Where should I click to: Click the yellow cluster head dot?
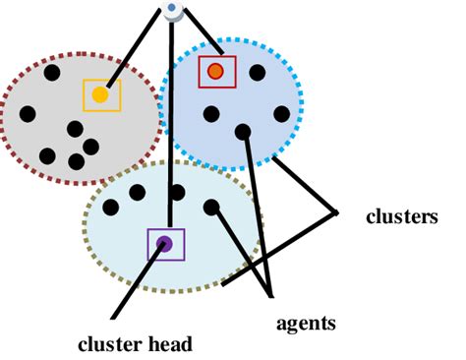pyautogui.click(x=100, y=95)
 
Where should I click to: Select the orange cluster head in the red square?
pyautogui.click(x=216, y=71)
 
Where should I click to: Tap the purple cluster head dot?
pyautogui.click(x=165, y=244)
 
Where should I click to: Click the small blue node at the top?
pyautogui.click(x=173, y=10)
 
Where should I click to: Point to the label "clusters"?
pyautogui.click(x=400, y=217)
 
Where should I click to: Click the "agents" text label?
pyautogui.click(x=305, y=322)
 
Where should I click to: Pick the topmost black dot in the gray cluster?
pyautogui.click(x=51, y=72)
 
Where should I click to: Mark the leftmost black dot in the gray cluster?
pyautogui.click(x=28, y=113)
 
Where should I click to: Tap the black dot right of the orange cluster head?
pyautogui.click(x=257, y=72)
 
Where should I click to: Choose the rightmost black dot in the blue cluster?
pyautogui.click(x=281, y=113)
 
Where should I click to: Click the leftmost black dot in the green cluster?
pyautogui.click(x=111, y=207)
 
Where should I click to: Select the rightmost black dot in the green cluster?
pyautogui.click(x=211, y=207)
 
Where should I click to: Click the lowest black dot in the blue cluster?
pyautogui.click(x=243, y=131)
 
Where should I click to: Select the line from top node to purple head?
pyautogui.click(x=171, y=128)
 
